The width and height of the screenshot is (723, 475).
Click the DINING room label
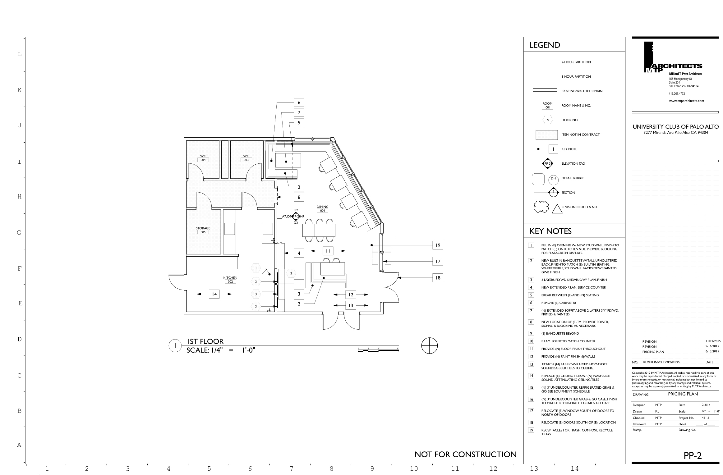[x=322, y=207]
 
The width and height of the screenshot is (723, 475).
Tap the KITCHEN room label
[x=230, y=278]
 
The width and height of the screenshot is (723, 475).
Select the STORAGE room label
[x=203, y=228]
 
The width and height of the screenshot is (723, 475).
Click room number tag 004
[x=203, y=160]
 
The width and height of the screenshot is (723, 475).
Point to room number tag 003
[x=246, y=160]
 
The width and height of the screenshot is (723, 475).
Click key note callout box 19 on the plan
[x=438, y=245]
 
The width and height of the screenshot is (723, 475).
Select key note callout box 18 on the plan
[x=438, y=278]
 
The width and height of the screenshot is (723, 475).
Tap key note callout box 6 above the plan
[x=299, y=103]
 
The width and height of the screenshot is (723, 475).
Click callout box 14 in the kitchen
[x=214, y=294]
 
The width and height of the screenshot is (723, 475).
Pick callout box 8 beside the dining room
[x=299, y=197]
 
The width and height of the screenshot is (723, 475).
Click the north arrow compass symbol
[x=430, y=345]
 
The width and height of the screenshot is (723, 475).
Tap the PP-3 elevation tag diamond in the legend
[x=547, y=163]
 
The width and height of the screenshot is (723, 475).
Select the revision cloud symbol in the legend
[x=541, y=207]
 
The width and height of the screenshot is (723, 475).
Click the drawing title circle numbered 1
[x=175, y=346]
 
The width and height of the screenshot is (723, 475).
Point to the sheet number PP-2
[x=693, y=455]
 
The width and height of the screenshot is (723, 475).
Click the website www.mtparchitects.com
[x=686, y=101]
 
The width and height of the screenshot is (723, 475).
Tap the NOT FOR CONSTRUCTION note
[x=465, y=454]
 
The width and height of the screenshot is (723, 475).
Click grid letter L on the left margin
[x=20, y=54]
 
